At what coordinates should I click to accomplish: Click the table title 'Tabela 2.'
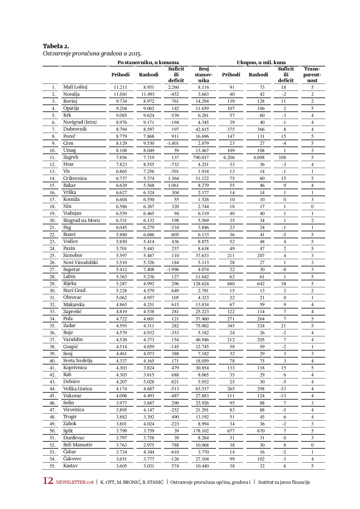click(x=56, y=46)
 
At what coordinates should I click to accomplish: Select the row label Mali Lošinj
click(x=75, y=87)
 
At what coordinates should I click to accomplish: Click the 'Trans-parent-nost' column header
click(x=312, y=75)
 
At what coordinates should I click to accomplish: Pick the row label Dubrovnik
click(x=75, y=129)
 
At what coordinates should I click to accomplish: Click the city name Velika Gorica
click(x=78, y=389)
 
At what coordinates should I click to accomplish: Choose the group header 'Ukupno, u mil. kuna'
click(x=261, y=62)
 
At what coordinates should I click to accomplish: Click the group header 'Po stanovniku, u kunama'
click(x=148, y=62)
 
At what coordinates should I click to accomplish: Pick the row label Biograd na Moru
click(x=82, y=221)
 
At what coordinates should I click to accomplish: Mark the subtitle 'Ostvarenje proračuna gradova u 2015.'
click(x=92, y=54)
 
